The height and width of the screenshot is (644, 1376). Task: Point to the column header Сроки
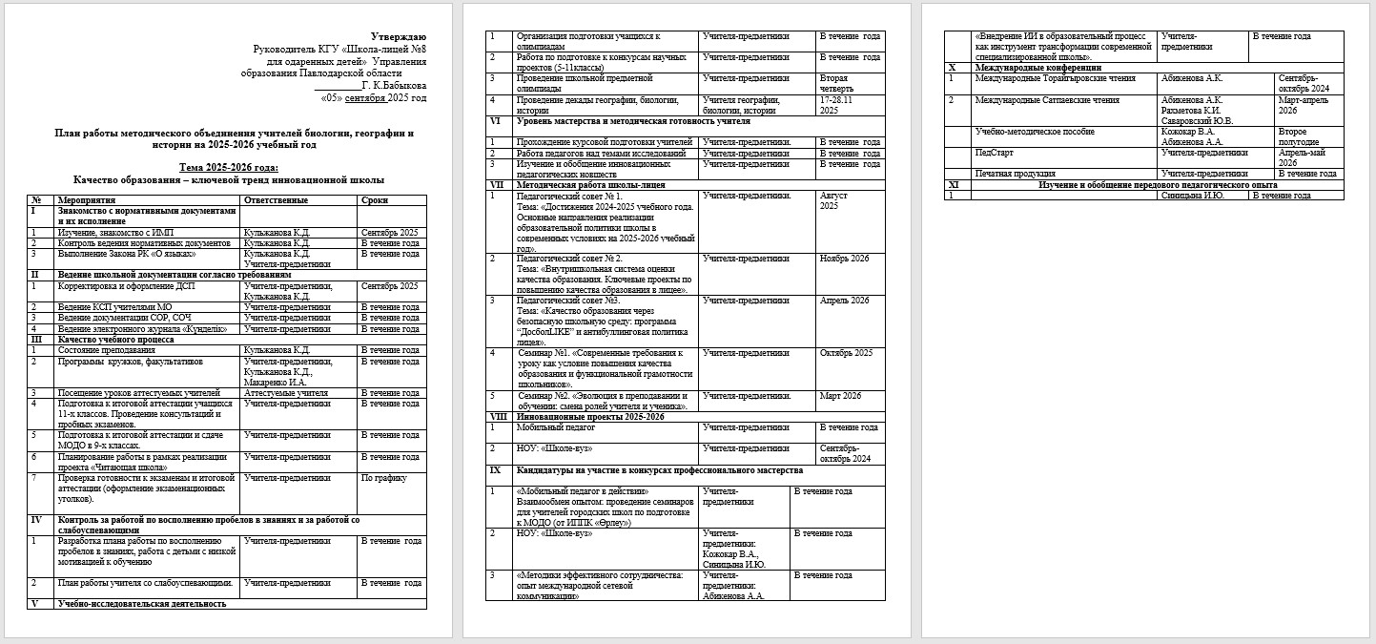click(375, 200)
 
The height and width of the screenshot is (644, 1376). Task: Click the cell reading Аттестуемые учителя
click(286, 392)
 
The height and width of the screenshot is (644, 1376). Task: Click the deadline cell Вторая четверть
click(840, 84)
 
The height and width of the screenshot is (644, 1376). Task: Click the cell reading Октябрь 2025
click(846, 353)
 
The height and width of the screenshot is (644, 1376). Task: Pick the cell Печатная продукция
click(1015, 174)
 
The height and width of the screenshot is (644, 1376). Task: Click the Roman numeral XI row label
click(953, 184)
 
